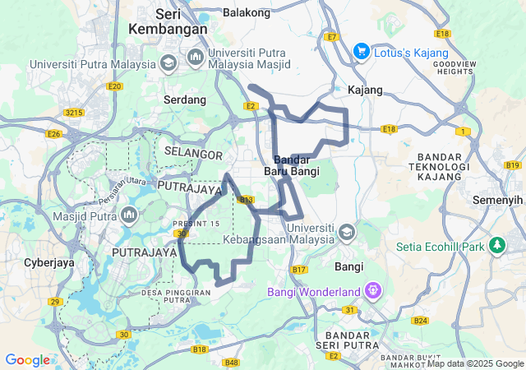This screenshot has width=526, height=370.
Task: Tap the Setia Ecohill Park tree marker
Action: (496, 245)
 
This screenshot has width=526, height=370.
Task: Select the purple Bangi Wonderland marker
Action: (373, 291)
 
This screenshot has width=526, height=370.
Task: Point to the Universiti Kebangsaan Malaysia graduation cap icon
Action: (346, 234)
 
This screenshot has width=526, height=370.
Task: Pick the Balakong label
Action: (247, 13)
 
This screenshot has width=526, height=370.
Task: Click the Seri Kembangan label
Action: (168, 21)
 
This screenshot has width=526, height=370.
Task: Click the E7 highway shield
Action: (332, 37)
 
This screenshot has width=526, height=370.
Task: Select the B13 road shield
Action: (245, 199)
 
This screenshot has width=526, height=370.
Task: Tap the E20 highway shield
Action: (114, 86)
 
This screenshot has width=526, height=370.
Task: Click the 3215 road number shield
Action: (75, 112)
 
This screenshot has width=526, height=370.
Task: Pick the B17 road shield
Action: (299, 270)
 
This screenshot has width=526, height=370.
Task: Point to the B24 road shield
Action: (421, 320)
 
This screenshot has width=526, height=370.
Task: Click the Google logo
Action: (27, 359)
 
